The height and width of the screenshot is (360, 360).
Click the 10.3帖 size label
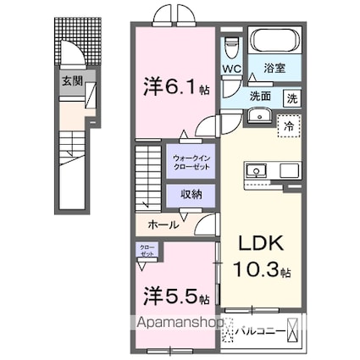tap(262, 272)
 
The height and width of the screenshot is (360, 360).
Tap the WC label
tap(231, 69)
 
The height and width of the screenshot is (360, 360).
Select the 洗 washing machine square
tap(291, 97)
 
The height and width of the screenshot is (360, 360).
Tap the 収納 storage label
tap(191, 195)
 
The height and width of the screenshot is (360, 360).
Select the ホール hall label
tap(163, 224)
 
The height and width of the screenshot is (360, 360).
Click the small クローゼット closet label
tap(147, 250)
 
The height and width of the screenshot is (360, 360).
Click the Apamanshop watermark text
tap(179, 323)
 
